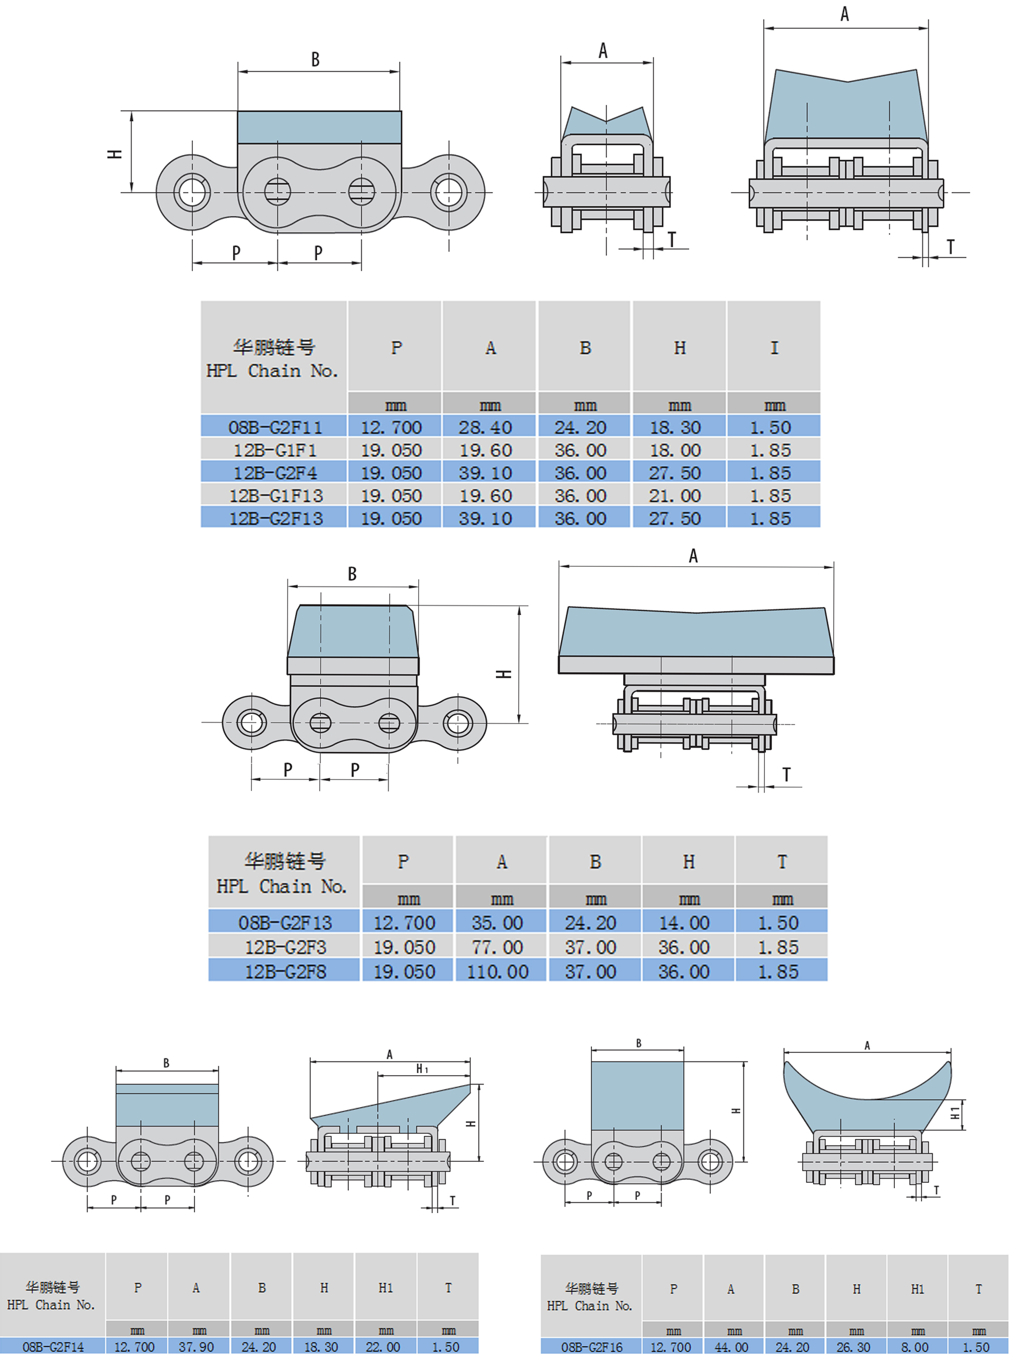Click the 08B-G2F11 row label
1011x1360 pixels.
tap(275, 427)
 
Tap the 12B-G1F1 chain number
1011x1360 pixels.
tap(275, 450)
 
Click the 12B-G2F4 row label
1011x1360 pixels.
tap(275, 473)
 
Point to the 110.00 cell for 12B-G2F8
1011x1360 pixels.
tap(497, 971)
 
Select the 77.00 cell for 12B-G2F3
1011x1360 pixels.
tap(497, 947)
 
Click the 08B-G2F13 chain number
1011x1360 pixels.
tap(284, 922)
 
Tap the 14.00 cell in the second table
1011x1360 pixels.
tap(684, 922)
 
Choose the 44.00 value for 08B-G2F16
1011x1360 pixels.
tap(733, 1347)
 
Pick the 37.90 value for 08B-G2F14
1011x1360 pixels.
tap(196, 1347)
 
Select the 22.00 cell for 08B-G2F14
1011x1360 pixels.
tap(383, 1347)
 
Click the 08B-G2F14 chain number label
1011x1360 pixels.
tap(53, 1347)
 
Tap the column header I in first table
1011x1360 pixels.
tap(774, 348)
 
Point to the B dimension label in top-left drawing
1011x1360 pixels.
tap(315, 59)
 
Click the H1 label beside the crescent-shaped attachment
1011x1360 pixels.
tap(955, 1113)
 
